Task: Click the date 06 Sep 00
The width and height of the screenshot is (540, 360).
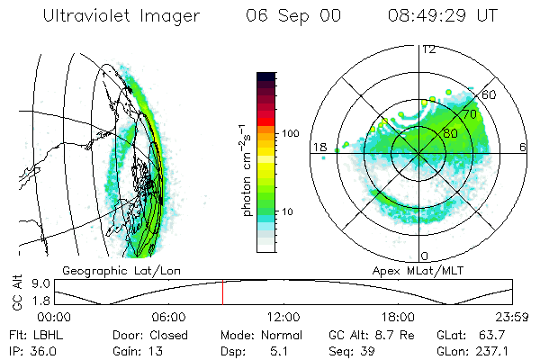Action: tap(294, 16)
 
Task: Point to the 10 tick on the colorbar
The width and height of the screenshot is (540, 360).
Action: tap(288, 211)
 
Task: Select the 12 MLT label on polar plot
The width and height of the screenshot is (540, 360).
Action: tap(428, 49)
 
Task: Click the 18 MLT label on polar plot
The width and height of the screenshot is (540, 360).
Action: tap(319, 148)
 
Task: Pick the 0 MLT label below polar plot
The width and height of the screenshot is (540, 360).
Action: tap(425, 256)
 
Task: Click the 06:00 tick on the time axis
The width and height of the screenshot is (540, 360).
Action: tap(168, 317)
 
